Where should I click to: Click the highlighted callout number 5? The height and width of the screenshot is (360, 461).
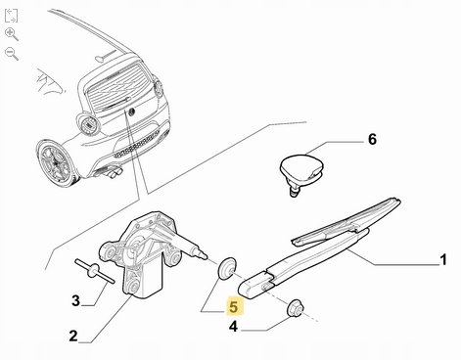(x=234, y=307)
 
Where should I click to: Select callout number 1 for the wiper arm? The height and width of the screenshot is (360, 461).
(x=442, y=260)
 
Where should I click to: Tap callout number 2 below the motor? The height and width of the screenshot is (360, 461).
(x=73, y=336)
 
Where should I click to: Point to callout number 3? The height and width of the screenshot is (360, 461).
(x=75, y=300)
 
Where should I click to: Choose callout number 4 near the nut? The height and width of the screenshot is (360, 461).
(x=233, y=327)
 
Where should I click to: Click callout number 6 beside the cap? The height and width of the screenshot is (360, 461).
(x=372, y=139)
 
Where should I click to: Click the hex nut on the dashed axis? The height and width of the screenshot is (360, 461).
(x=296, y=307)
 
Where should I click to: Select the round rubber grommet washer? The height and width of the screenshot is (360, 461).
(x=226, y=268)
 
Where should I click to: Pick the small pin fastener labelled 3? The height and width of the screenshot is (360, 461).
(x=94, y=270)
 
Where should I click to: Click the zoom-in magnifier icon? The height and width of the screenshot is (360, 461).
(x=12, y=34)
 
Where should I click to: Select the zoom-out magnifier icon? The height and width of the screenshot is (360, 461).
(x=12, y=54)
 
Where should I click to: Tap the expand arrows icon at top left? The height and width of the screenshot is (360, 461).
(x=11, y=16)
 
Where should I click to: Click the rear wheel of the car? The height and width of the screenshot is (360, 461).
(x=56, y=162)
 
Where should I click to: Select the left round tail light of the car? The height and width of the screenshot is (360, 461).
(x=88, y=124)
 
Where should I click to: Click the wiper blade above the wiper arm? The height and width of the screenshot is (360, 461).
(x=346, y=222)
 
